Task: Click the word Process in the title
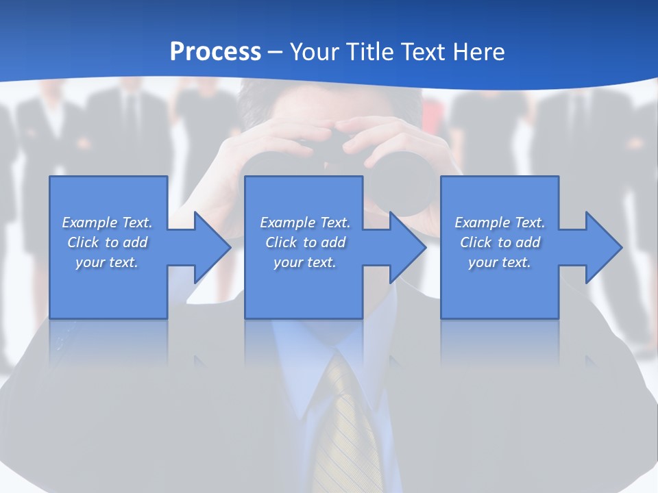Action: pos(215,51)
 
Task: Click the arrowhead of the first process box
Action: pos(213,247)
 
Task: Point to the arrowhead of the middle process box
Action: pos(409,247)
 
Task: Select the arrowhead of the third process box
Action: pos(604,247)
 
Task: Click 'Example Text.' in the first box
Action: pos(107,223)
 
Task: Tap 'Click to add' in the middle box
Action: pos(305,242)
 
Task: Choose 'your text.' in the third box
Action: pos(499,262)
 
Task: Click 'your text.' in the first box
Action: pos(107,262)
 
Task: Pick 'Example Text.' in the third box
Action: pos(499,223)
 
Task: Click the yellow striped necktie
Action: pos(350,425)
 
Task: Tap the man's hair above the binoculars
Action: pos(322,103)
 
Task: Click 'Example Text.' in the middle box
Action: pos(305,223)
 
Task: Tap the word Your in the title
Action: pos(315,51)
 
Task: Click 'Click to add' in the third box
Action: pos(499,242)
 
